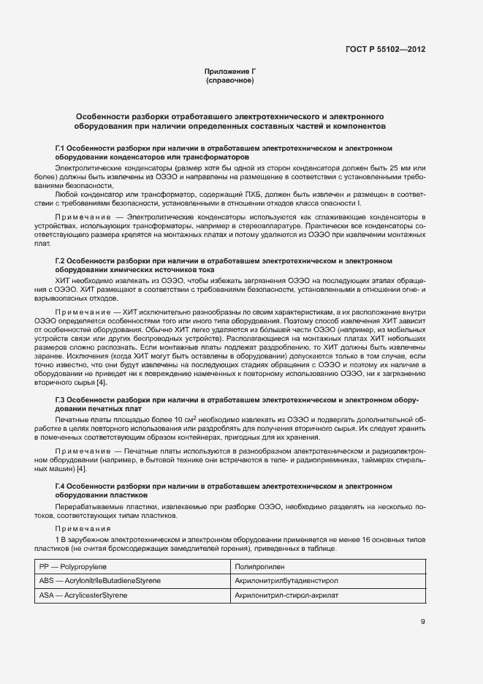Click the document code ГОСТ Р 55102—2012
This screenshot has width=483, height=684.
point(385,50)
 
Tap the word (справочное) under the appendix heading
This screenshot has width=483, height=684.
point(230,80)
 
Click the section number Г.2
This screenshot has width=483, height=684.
point(61,260)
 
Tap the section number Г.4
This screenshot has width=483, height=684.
point(61,486)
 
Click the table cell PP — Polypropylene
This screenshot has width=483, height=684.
point(78,567)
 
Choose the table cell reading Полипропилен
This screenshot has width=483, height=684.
point(256,567)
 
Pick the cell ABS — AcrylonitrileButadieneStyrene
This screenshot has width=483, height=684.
point(100,581)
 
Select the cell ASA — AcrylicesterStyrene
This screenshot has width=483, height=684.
point(83,595)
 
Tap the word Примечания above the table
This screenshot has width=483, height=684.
point(81,527)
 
